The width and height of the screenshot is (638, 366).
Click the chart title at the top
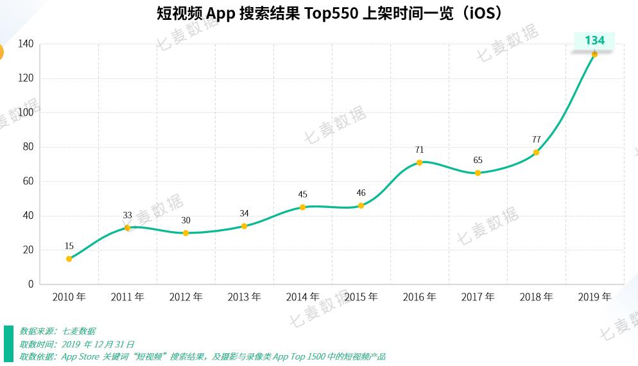[x=319, y=13]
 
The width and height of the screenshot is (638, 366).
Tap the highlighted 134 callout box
[x=594, y=40]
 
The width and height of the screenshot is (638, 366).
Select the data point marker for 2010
[x=69, y=259]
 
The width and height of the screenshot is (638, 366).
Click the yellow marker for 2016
[x=419, y=162]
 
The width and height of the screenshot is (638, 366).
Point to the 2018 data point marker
[x=536, y=152]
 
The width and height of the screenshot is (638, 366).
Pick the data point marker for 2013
[x=244, y=226]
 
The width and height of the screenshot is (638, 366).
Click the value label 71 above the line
[x=419, y=150]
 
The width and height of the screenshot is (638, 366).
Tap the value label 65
[x=478, y=160]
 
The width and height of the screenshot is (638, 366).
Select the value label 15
[x=69, y=246]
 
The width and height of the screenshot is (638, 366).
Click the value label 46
[x=361, y=193]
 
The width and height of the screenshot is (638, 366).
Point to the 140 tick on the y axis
[x=26, y=44]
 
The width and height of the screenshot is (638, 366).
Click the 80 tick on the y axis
[x=28, y=147]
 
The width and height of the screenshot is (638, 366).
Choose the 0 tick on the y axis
[x=31, y=284]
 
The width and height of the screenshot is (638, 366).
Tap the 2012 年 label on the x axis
[x=185, y=297]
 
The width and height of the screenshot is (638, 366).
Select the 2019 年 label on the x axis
[x=594, y=297]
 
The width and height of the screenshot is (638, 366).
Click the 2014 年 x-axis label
[x=302, y=297]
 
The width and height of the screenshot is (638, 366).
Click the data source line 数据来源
[x=58, y=331]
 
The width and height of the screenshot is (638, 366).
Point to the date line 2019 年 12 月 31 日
[x=77, y=344]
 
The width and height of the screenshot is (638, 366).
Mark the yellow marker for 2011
[x=127, y=228]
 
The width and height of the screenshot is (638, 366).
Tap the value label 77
[x=536, y=139]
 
